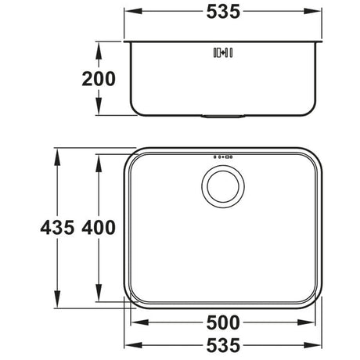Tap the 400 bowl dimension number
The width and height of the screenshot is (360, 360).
pos(99,228)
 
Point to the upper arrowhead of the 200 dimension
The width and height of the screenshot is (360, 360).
pos(99,46)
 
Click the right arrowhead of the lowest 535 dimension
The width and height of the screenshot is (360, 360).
pos(321,345)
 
